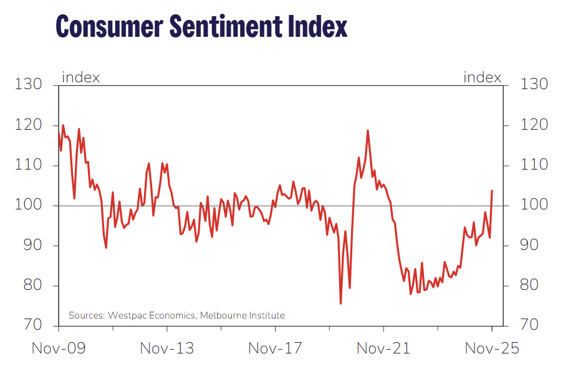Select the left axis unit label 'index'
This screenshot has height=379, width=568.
point(80,77)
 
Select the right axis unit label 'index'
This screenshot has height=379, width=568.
point(482,77)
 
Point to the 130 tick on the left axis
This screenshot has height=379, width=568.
point(29,85)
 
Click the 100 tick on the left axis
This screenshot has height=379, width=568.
point(29,205)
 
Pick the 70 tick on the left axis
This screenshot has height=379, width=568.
point(33,325)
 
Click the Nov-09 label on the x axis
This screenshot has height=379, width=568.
point(59,348)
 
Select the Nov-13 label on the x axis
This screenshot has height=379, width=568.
point(166,348)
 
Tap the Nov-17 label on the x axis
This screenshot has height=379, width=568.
point(275,348)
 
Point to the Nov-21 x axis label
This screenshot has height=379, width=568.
point(383,348)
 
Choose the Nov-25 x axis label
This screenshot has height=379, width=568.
point(492,348)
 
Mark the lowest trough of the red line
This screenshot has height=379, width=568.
point(340,304)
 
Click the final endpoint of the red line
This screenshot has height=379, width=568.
point(492,191)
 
